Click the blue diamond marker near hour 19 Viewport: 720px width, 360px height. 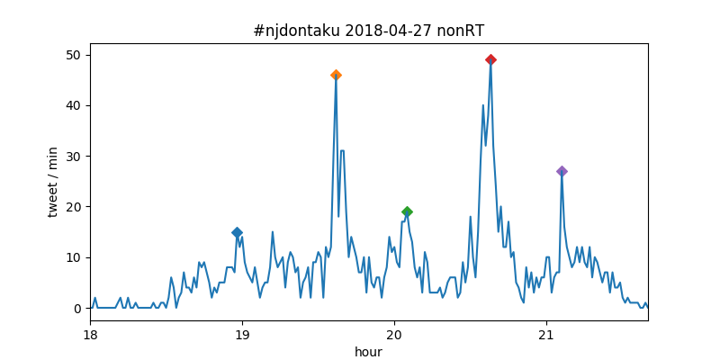[x=237, y=232]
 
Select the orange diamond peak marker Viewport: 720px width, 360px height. [x=336, y=75]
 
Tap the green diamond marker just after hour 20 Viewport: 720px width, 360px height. [x=407, y=211]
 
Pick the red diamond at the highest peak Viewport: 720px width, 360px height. [x=490, y=59]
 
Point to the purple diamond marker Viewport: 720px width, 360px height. [x=562, y=171]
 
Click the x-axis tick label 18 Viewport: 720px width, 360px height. [x=90, y=335]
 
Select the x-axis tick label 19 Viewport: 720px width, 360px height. [x=242, y=335]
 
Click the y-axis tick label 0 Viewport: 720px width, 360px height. [x=78, y=308]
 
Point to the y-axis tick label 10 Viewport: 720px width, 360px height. [x=75, y=257]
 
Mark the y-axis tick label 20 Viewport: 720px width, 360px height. [x=75, y=207]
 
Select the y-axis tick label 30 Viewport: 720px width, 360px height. [x=75, y=157]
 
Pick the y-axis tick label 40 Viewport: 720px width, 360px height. [x=75, y=105]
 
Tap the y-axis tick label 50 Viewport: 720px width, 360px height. [x=75, y=55]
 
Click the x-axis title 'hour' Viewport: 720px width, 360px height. [x=369, y=352]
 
